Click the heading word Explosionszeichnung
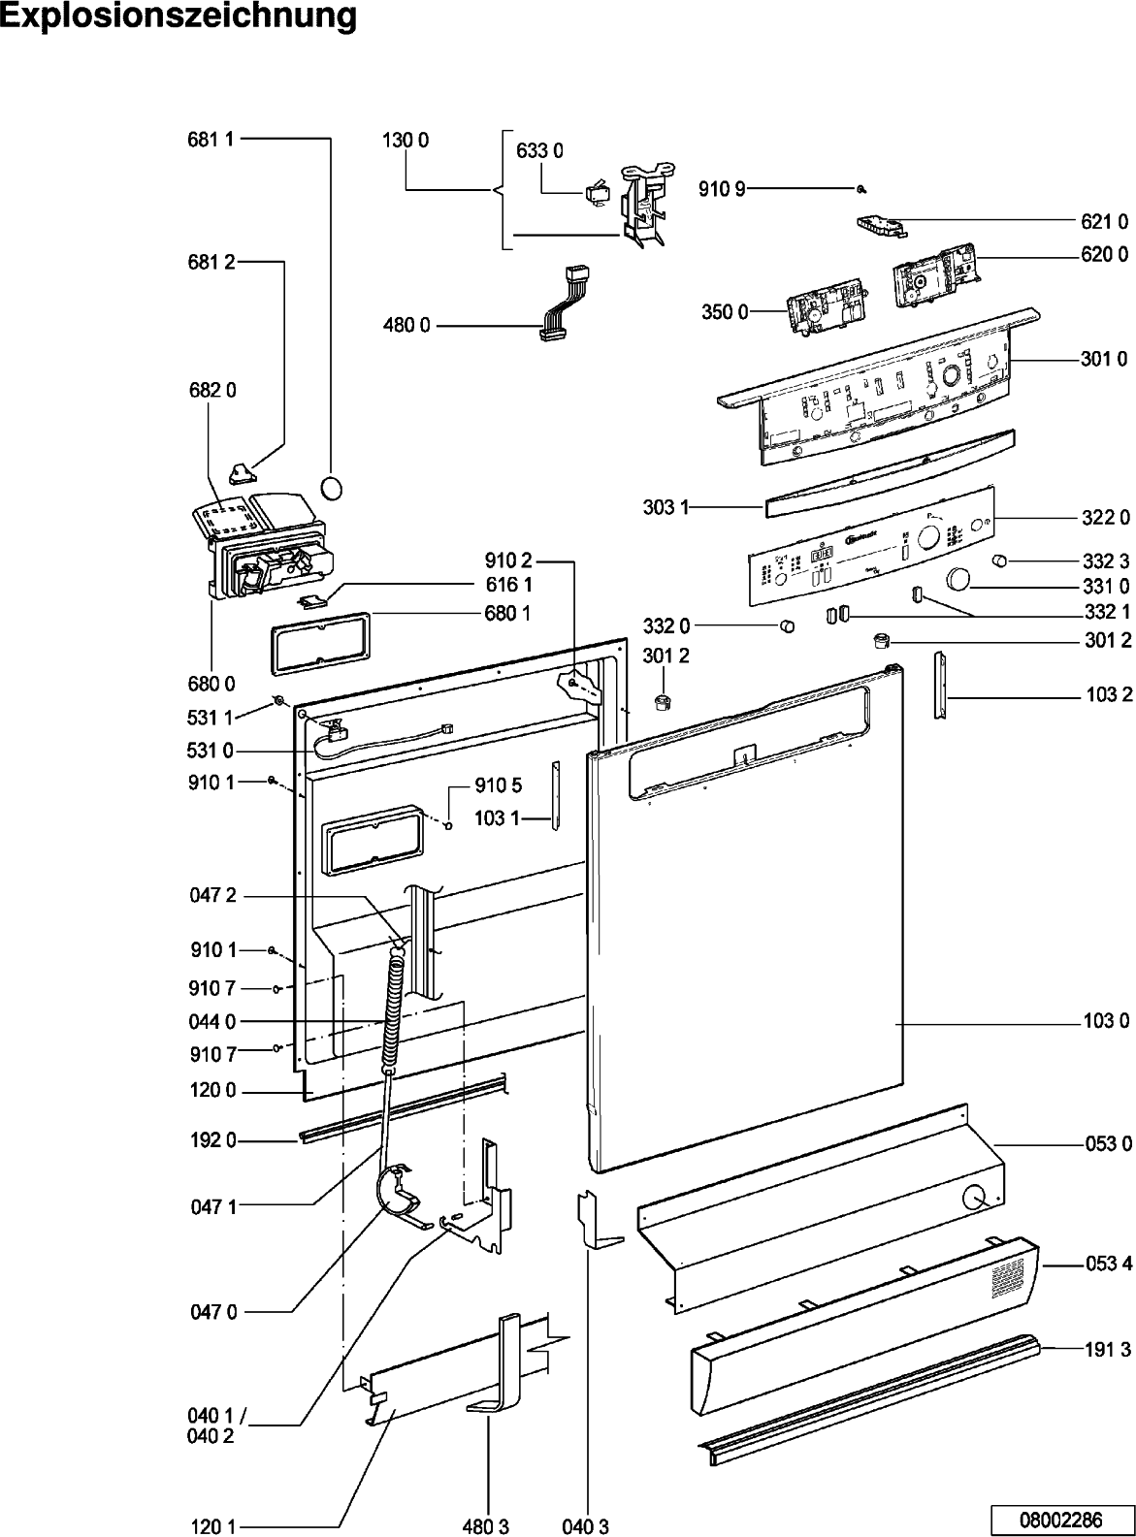(x=179, y=16)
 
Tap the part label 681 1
(x=211, y=140)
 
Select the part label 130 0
(x=406, y=140)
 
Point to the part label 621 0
(x=1105, y=222)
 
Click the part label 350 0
(x=725, y=312)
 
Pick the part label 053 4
(x=1107, y=1265)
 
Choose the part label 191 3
(x=1107, y=1349)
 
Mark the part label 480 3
(x=485, y=1526)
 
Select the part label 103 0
(x=1106, y=1021)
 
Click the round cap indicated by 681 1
(x=332, y=487)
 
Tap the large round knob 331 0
(x=958, y=578)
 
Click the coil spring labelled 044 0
(x=393, y=1009)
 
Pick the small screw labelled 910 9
(x=860, y=188)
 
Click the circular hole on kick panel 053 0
(x=974, y=1200)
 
